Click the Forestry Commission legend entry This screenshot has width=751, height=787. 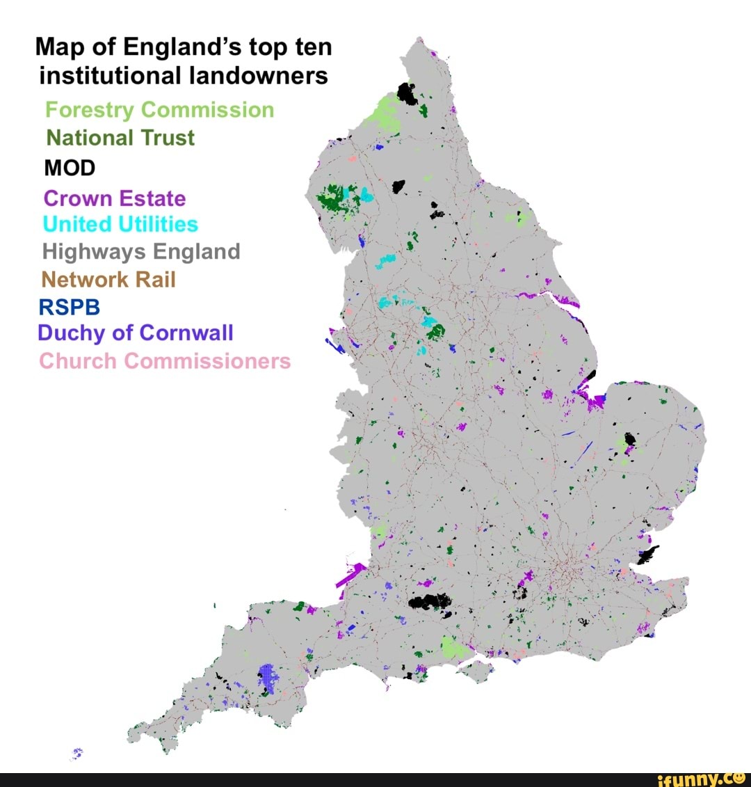pos(159,110)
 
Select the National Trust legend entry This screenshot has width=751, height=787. pos(120,138)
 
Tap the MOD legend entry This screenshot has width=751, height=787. pos(70,168)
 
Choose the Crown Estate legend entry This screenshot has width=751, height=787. pos(115,198)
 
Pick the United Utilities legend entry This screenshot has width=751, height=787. pos(120,224)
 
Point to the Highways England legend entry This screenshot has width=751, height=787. pos(141,251)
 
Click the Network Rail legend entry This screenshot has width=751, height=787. pos(108,280)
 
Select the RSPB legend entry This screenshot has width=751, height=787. pos(70,307)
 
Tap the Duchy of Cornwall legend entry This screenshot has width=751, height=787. pos(136,333)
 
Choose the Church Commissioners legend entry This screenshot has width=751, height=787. pos(165,361)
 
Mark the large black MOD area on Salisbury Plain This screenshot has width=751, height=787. pos(430,603)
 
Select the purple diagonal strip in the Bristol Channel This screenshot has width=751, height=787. pos(350,575)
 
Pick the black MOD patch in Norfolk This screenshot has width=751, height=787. pos(630,440)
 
